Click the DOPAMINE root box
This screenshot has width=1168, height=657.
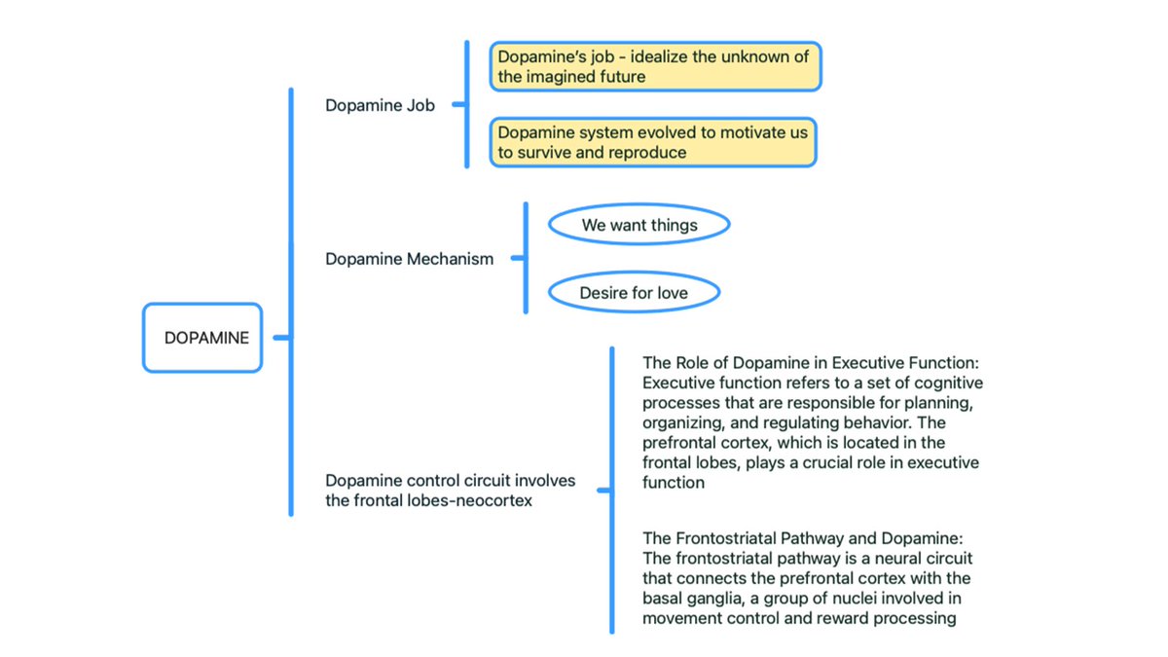click(202, 338)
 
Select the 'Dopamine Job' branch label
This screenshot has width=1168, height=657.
click(380, 105)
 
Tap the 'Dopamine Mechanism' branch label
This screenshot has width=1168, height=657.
click(409, 259)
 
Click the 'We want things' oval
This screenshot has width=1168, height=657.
click(639, 225)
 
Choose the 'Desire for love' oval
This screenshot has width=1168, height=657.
click(634, 292)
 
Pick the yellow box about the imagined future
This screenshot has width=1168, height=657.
click(655, 66)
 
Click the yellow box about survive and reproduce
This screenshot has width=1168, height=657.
click(652, 142)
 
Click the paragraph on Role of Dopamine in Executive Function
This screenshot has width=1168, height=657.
click(812, 421)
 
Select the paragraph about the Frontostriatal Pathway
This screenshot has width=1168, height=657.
click(807, 578)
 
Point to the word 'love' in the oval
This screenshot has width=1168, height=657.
click(672, 292)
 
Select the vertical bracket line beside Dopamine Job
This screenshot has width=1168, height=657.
click(467, 105)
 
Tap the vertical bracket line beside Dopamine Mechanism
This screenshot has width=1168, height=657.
click(526, 259)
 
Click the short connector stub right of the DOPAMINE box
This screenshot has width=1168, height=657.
click(280, 338)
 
